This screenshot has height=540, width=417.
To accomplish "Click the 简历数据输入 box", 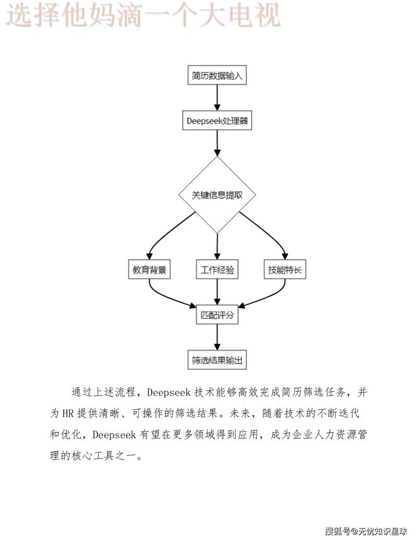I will [217, 76].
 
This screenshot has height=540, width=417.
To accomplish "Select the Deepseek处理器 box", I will [217, 122].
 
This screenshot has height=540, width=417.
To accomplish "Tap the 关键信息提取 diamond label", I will [217, 195].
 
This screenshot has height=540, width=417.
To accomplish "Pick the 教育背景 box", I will [150, 270].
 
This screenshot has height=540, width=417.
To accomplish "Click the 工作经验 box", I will [217, 270].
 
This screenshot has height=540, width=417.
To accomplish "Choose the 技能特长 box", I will [285, 270].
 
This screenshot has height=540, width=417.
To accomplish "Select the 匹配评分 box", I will [217, 316].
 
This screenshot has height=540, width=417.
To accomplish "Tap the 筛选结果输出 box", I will [217, 361].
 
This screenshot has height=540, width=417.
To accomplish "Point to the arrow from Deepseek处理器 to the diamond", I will [217, 143].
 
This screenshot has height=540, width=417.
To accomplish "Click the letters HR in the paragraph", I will [67, 413].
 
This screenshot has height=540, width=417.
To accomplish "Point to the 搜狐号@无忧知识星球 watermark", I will [366, 531].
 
